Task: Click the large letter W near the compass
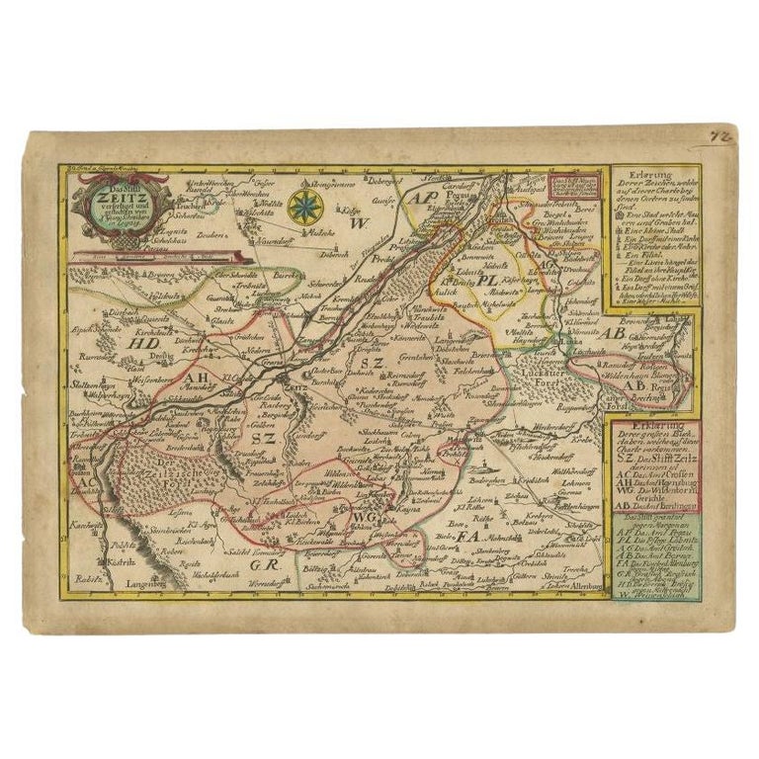click(x=357, y=223)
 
